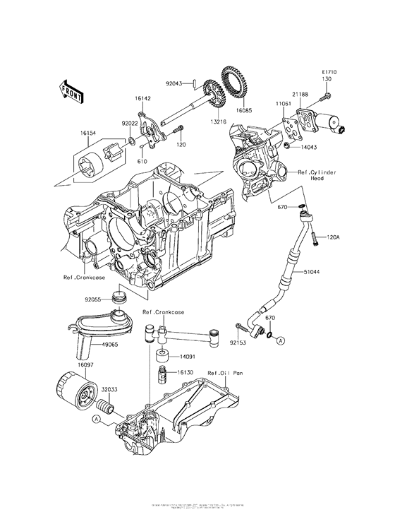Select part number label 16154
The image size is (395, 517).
[88, 132]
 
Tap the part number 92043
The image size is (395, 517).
[175, 83]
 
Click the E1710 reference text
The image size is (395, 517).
[329, 72]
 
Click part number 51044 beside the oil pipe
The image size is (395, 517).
[313, 271]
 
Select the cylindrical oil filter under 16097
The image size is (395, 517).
[74, 392]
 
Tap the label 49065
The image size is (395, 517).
[109, 346]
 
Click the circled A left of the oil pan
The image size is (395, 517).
[95, 419]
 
